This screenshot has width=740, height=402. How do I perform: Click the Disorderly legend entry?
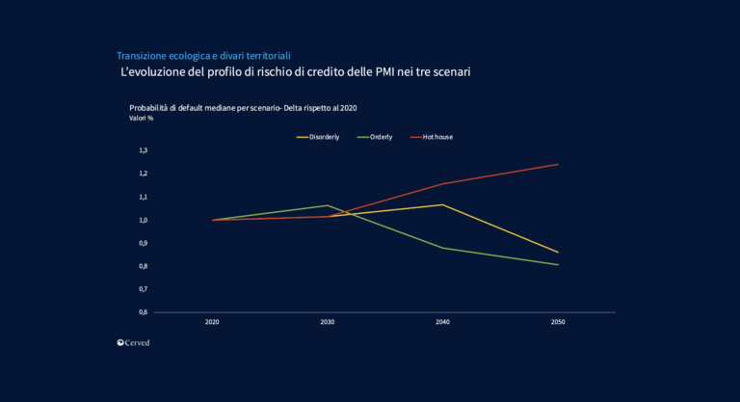pos(324,137)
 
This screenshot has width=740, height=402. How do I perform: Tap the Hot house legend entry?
pos(437,137)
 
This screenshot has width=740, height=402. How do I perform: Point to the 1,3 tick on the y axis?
pos(143,150)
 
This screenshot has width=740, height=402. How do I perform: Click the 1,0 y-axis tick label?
pos(143,220)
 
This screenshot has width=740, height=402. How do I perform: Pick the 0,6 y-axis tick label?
pos(143,312)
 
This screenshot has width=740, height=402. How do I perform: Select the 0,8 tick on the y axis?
pos(143,266)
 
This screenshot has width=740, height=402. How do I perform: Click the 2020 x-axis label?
pos(212,322)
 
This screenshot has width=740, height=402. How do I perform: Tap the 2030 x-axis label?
pos(328,322)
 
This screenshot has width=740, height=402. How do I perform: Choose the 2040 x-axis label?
pos(443,322)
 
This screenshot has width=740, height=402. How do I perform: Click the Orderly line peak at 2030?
pos(328,205)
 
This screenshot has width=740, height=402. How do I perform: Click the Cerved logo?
pos(133,342)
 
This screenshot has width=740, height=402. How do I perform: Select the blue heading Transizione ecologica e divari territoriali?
pos(203,56)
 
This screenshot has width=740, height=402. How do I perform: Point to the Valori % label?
pos(142,119)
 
